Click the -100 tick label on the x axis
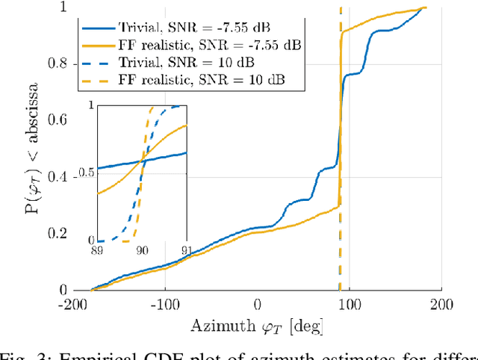point(164,305)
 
